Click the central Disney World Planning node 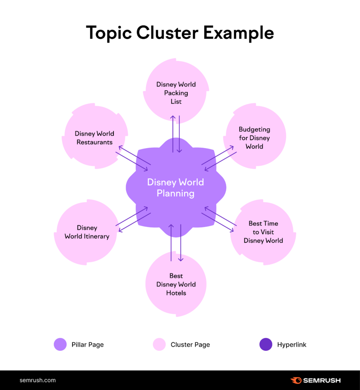tap(176, 188)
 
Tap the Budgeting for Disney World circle tap(254, 137)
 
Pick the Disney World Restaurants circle tap(94, 137)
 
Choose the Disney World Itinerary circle tap(87, 232)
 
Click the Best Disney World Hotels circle tap(176, 284)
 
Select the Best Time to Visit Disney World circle tap(263, 232)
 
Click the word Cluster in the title tap(167, 33)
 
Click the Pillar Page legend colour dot tap(60, 345)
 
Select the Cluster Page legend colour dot tap(159, 345)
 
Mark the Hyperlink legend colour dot tap(266, 345)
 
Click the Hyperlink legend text tap(292, 345)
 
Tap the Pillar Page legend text tap(88, 345)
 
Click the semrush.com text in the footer tap(37, 380)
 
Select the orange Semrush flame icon tap(296, 380)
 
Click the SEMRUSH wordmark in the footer tap(322, 380)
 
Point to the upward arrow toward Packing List tap(173, 133)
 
